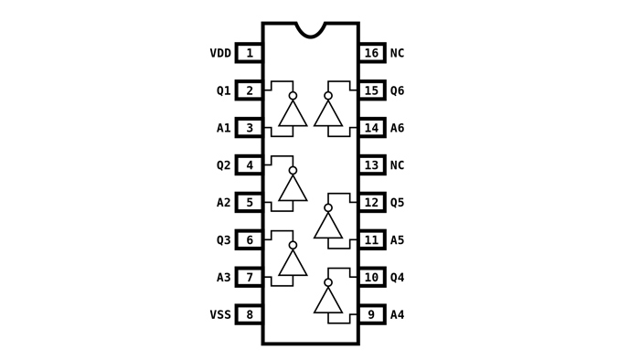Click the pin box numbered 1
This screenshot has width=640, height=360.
[249, 53]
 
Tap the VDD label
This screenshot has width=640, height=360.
[220, 53]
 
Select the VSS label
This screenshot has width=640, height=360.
[220, 314]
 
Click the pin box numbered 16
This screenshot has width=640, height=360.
[372, 53]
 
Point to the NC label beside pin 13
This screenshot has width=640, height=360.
[397, 165]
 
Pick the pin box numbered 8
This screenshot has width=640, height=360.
[249, 314]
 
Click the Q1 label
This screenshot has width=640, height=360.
[224, 90]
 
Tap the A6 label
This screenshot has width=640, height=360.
[397, 128]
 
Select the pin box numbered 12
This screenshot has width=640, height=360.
[372, 203]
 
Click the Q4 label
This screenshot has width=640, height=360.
[397, 277]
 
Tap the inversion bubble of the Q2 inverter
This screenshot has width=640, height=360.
[293, 171]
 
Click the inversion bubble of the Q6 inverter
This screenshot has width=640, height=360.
[328, 96]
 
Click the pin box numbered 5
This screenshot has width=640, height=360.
[249, 203]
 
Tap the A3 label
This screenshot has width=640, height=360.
[224, 277]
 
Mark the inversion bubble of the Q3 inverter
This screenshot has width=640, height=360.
[293, 245]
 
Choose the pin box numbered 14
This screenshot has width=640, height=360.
[372, 128]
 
